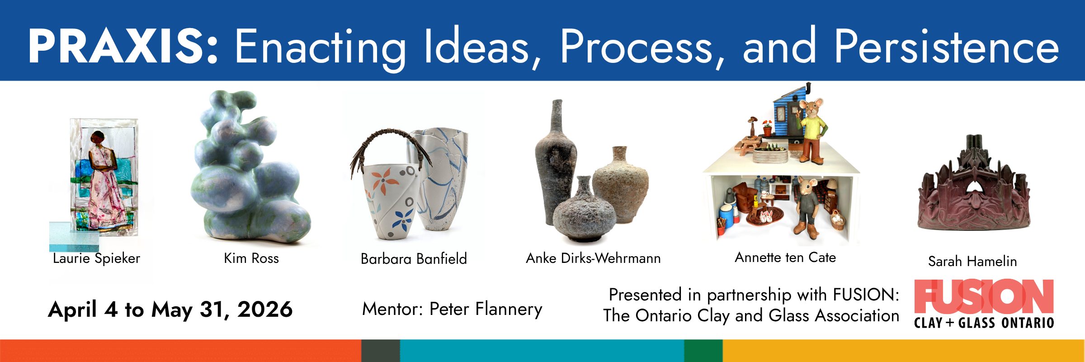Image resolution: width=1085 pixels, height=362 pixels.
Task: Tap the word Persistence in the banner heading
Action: (947, 46)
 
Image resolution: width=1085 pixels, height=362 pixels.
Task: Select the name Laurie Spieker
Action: (97, 258)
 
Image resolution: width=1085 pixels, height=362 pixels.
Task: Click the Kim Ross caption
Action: (251, 258)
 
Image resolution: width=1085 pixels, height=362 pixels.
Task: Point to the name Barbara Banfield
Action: (414, 259)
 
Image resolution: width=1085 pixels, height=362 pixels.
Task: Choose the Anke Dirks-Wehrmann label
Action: (593, 258)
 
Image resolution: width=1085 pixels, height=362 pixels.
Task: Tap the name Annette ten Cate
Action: (785, 257)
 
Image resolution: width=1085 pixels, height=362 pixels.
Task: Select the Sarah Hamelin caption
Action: (972, 261)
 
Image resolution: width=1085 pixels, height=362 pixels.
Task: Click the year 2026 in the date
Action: (265, 310)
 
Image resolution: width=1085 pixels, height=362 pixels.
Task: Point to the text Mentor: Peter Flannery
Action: (452, 310)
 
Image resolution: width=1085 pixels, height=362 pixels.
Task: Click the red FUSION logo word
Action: (984, 297)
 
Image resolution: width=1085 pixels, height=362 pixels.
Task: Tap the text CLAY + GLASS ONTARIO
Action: (984, 323)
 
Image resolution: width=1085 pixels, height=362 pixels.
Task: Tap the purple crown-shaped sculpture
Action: (974, 186)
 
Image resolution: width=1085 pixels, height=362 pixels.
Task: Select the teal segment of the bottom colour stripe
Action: (542, 351)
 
